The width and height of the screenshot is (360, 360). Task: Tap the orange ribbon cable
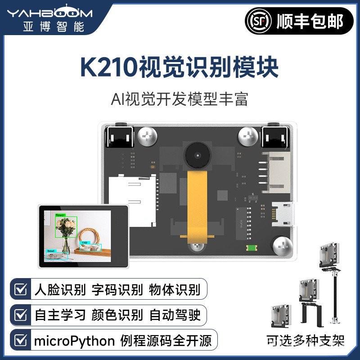pos(197,202)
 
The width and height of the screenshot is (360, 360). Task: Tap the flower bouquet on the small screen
pos(67,229)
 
